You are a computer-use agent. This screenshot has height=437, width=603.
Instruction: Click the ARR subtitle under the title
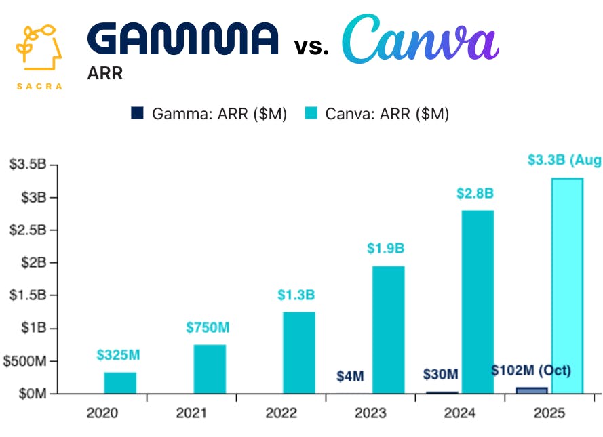pyautogui.click(x=105, y=73)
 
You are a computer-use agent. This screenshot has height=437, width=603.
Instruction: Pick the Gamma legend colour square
pyautogui.click(x=137, y=114)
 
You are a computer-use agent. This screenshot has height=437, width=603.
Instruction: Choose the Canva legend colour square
pyautogui.click(x=311, y=114)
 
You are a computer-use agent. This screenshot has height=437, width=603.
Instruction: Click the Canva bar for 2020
pyautogui.click(x=120, y=383)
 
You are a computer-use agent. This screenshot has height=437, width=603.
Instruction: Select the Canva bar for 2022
pyautogui.click(x=299, y=352)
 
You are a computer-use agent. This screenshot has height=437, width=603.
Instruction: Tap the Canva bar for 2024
pyautogui.click(x=478, y=301)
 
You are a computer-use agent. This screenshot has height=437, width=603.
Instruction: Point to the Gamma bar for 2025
pyautogui.click(x=531, y=390)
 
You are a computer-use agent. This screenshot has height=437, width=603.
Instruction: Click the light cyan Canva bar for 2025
pyautogui.click(x=567, y=285)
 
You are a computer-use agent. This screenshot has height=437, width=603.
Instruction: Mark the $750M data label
pyautogui.click(x=208, y=328)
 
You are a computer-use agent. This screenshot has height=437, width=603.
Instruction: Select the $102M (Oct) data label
pyautogui.click(x=532, y=371)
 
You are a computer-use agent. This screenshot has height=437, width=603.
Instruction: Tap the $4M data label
pyautogui.click(x=350, y=376)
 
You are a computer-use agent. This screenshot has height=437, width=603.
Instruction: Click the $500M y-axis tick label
pyautogui.click(x=24, y=361)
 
